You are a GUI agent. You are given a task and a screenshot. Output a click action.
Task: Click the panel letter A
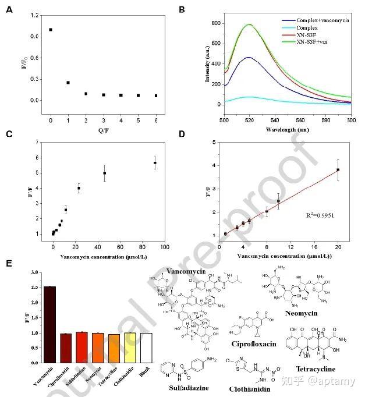[x=8, y=9]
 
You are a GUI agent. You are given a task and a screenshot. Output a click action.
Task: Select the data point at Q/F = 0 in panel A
[x=51, y=30]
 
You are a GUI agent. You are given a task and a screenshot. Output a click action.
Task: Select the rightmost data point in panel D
[x=338, y=170]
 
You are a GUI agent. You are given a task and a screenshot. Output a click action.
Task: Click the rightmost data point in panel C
[x=155, y=163]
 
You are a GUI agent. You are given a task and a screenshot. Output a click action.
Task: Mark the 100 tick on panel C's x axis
[x=165, y=246]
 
